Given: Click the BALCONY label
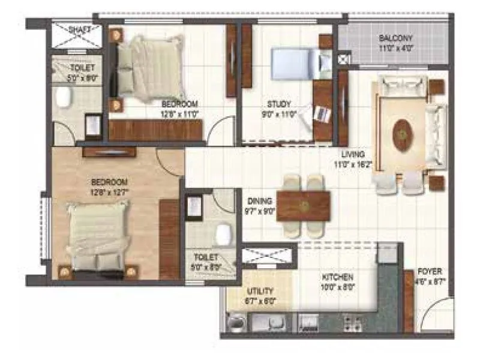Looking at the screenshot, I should [395, 40].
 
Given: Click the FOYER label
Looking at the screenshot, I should [430, 272].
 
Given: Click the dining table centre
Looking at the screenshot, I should [304, 206].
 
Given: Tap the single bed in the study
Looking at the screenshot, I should [291, 61].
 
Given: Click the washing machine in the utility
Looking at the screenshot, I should [238, 325].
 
